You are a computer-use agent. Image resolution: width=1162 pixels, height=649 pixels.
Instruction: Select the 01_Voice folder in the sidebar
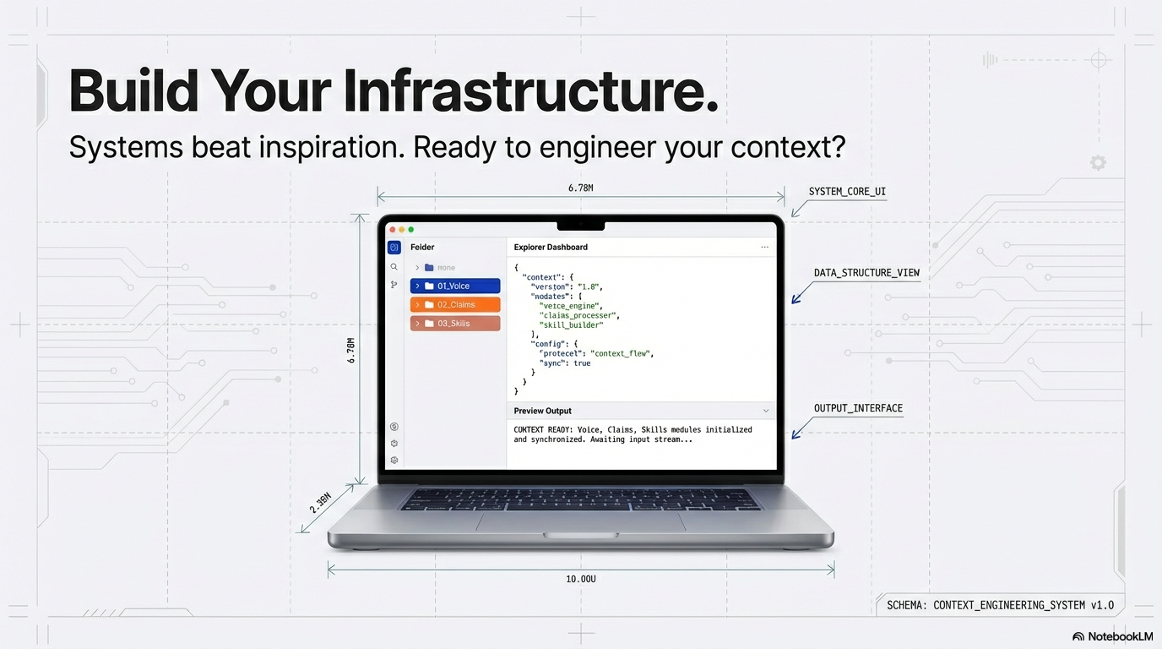(454, 286)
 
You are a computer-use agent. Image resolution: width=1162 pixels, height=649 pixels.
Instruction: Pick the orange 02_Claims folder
(454, 305)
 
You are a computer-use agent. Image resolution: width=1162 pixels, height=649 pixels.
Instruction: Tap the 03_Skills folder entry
(454, 324)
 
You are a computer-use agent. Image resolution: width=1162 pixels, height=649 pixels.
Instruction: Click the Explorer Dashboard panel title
(551, 248)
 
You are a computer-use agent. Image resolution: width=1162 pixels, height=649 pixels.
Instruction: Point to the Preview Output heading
(542, 412)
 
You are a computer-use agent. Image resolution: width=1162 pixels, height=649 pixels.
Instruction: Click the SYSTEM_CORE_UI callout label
(847, 193)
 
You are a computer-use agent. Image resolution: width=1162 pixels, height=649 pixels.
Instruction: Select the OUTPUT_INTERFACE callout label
(858, 409)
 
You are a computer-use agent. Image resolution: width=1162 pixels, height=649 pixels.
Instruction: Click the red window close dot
(393, 230)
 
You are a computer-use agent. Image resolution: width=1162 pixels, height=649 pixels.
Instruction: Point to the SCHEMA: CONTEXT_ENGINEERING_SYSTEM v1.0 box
(1000, 605)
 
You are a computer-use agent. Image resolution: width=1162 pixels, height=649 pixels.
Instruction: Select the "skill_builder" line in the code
(577, 325)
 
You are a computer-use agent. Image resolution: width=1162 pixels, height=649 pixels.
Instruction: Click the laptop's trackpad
(580, 521)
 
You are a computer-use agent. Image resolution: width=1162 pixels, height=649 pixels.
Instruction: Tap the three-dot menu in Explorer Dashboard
(764, 248)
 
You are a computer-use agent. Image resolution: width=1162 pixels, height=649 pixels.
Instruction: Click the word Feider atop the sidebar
(422, 248)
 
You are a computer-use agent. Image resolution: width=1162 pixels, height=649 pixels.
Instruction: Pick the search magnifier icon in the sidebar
(394, 267)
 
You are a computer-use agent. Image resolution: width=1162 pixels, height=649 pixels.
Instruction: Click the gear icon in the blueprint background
(1098, 163)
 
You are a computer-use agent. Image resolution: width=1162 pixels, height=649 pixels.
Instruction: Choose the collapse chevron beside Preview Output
(766, 412)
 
